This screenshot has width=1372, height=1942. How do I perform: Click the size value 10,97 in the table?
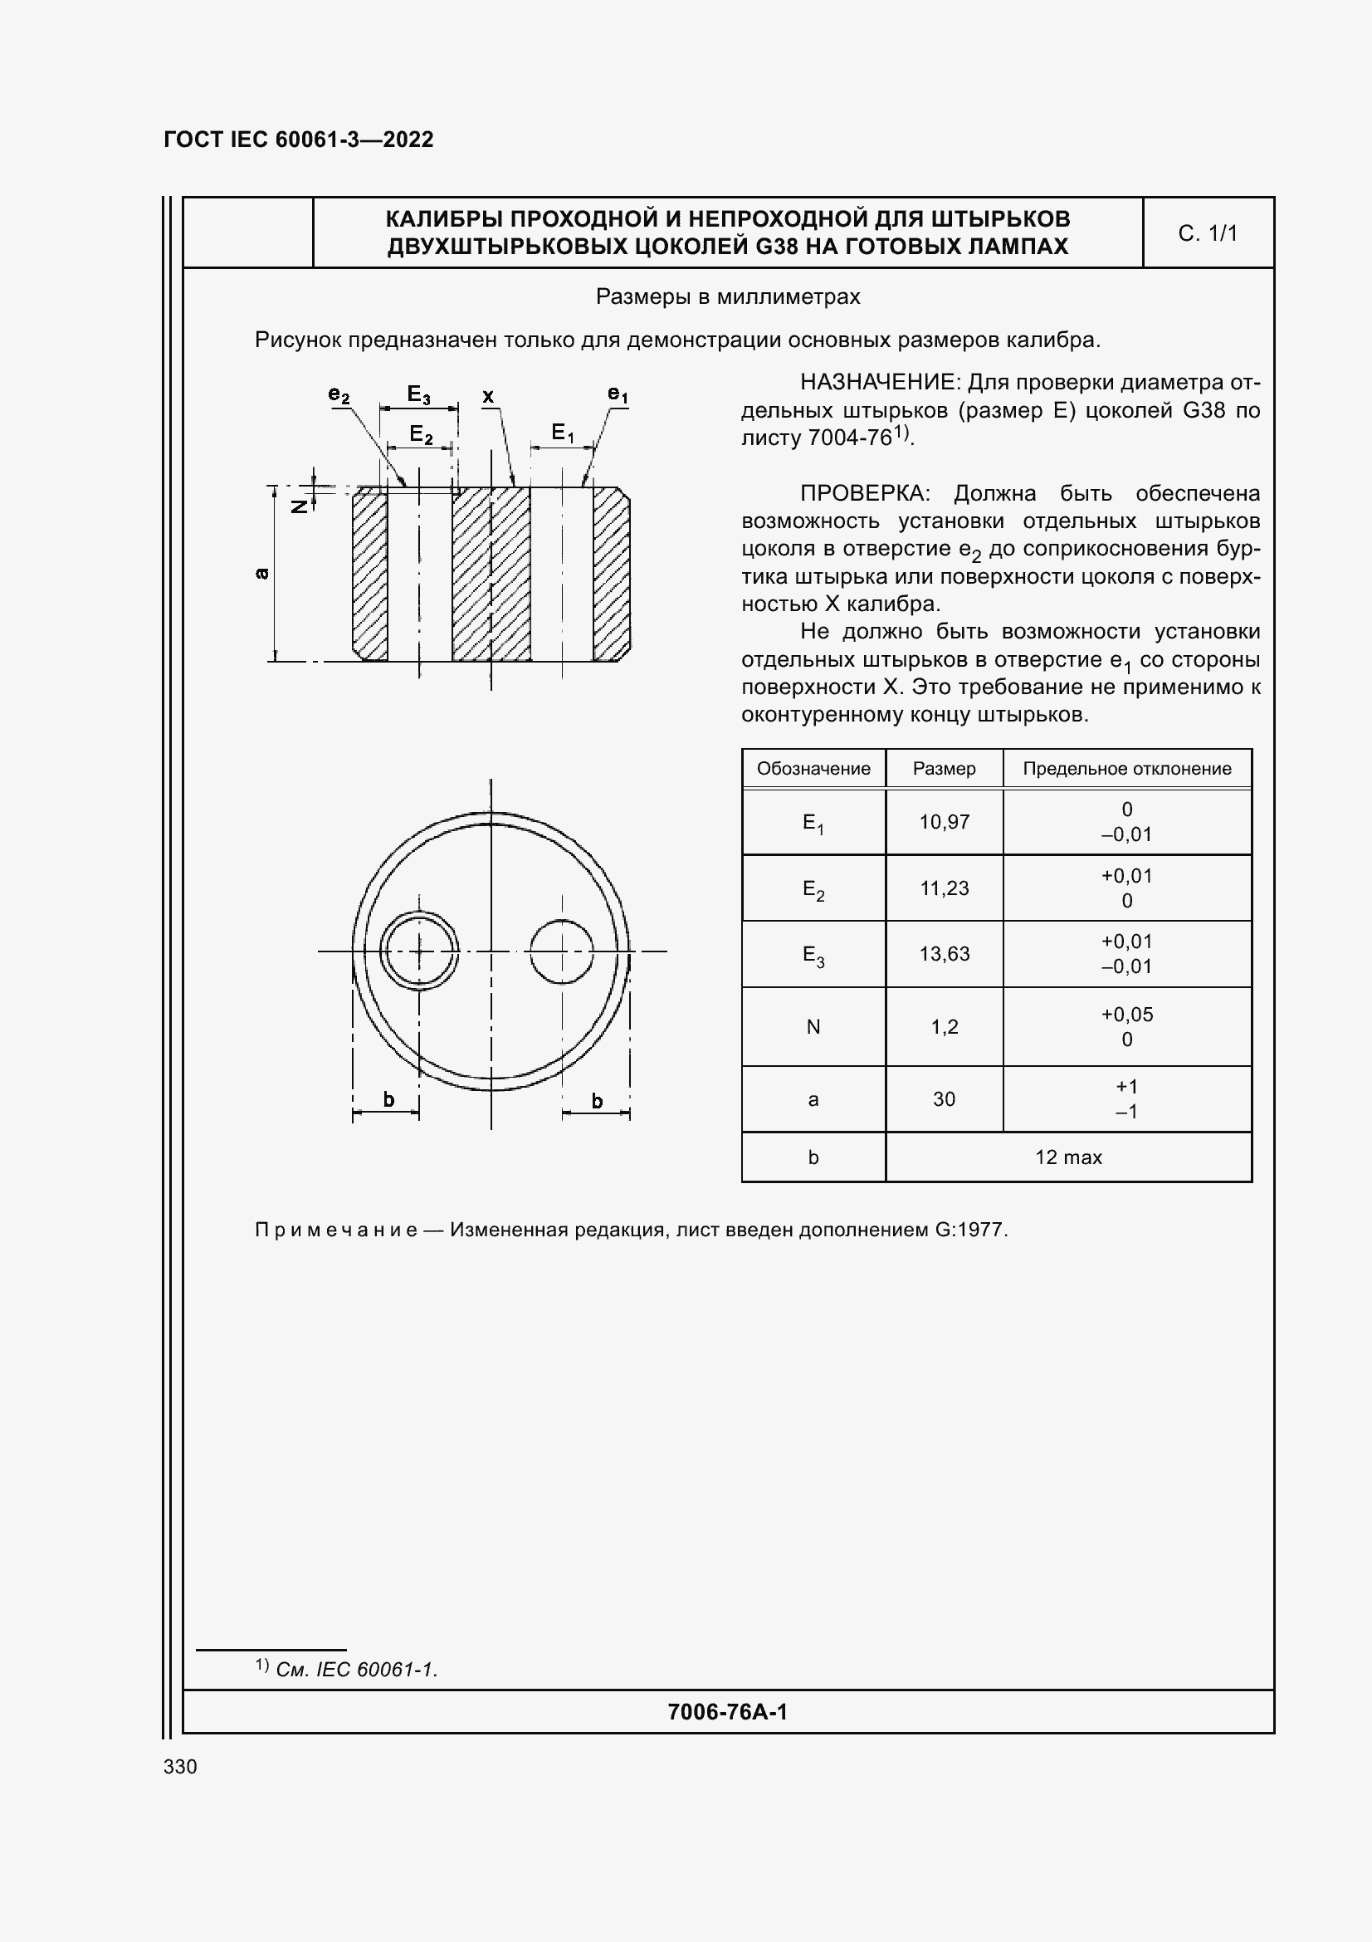[x=944, y=821]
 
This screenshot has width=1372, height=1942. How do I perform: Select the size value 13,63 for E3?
[x=944, y=953]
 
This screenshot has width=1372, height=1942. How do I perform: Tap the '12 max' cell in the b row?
[x=1067, y=1157]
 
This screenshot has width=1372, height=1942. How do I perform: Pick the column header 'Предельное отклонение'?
[x=1126, y=768]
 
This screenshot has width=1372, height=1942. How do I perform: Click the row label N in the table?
[x=813, y=1026]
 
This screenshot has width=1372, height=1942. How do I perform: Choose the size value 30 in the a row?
[x=944, y=1098]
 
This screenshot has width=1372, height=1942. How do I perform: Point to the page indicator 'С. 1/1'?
[x=1207, y=233]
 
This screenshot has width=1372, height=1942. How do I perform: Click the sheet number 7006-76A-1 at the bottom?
[x=727, y=1712]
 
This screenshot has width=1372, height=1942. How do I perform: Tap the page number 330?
[x=180, y=1766]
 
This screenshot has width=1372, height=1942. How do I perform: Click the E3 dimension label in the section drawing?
[x=418, y=394]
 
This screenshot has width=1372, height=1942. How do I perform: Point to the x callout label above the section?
[x=488, y=396]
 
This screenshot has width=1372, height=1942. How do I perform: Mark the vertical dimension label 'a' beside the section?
[x=262, y=574]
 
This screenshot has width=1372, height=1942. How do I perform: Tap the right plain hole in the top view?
[x=561, y=951]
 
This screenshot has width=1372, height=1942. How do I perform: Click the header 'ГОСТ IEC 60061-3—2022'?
[x=299, y=139]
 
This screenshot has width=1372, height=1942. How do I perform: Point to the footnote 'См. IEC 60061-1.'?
[x=356, y=1669]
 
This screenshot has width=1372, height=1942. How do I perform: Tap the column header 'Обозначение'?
[x=813, y=768]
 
